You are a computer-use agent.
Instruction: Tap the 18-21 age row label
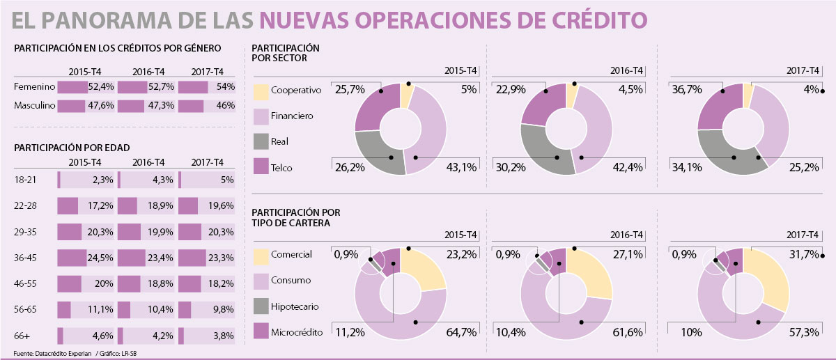(x=24, y=180)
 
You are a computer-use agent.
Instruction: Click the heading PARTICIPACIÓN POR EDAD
(x=71, y=148)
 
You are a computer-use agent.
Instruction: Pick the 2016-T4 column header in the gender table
(x=148, y=72)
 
